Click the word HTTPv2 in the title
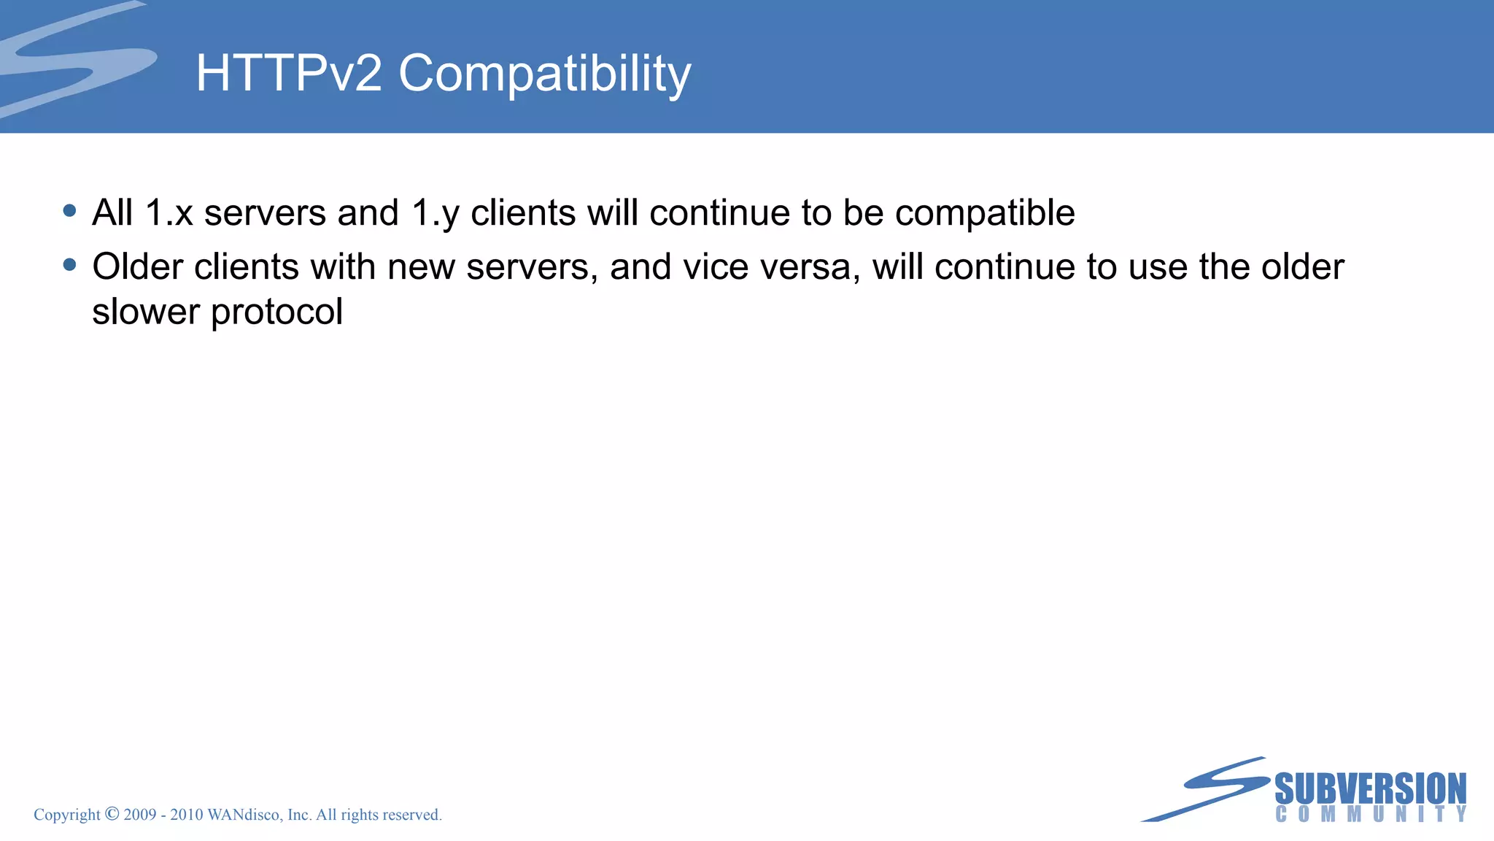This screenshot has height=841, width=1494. [x=289, y=73]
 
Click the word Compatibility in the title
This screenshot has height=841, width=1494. [x=544, y=74]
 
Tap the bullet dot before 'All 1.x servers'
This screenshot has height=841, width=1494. [x=70, y=211]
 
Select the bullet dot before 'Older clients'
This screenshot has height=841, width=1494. [x=70, y=265]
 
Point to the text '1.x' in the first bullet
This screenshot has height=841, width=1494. [x=169, y=213]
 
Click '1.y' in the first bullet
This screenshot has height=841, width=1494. [x=436, y=213]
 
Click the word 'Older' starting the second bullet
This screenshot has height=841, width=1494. [x=138, y=266]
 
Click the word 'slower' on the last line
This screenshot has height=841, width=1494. [x=146, y=312]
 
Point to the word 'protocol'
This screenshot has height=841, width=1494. [x=276, y=312]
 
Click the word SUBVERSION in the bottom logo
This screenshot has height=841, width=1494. [x=1370, y=789]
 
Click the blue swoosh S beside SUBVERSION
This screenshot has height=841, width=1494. [x=1211, y=788]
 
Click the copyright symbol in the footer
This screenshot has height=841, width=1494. [x=112, y=814]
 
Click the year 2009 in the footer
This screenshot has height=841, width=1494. [x=140, y=815]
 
